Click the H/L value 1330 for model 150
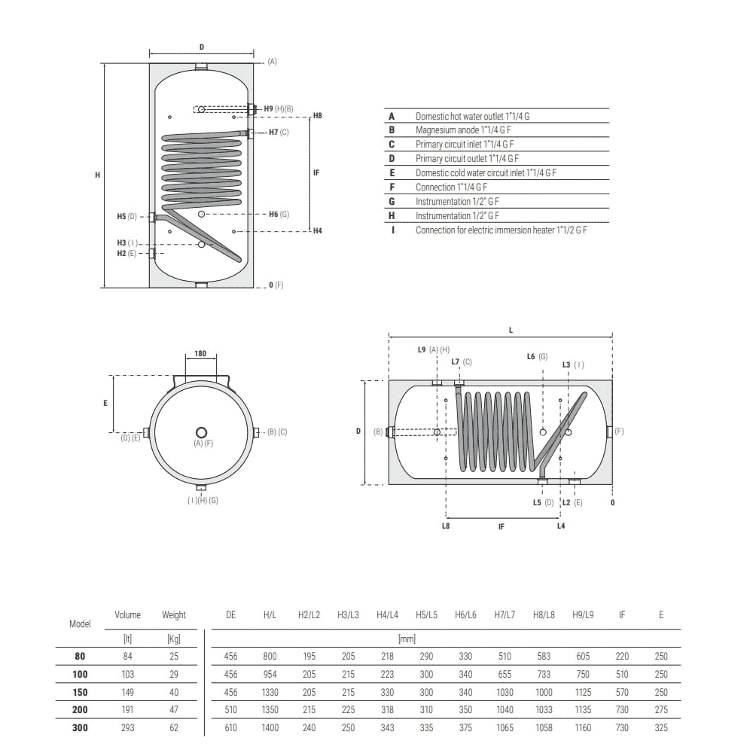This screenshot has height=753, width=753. click(270, 692)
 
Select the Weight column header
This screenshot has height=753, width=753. click(174, 614)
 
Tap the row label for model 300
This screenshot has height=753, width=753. click(80, 727)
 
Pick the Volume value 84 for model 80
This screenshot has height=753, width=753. click(128, 656)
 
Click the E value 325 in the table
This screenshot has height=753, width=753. click(661, 727)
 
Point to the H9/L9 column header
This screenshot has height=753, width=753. click(583, 614)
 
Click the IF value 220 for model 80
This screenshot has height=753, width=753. click(622, 656)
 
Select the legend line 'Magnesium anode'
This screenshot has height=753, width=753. click(463, 130)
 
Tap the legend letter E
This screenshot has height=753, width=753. click(392, 173)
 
